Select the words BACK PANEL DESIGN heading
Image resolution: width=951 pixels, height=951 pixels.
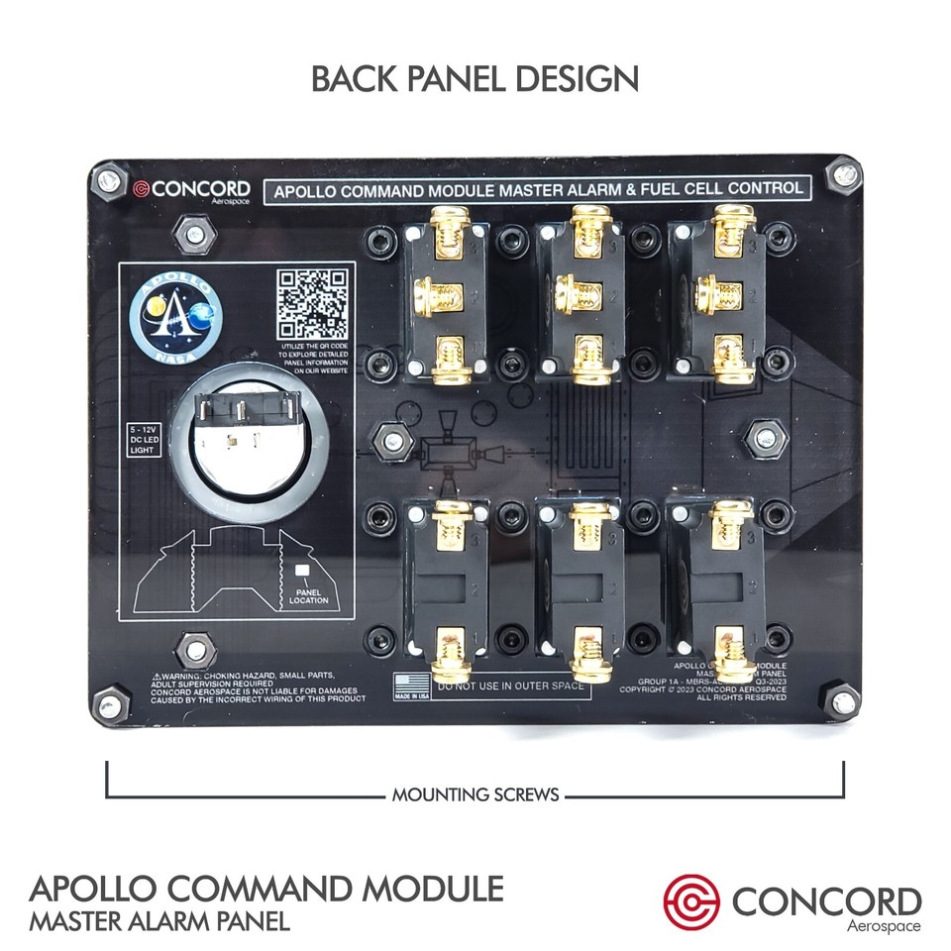pyautogui.click(x=475, y=78)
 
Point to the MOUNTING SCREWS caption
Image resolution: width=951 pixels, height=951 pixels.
pyautogui.click(x=475, y=793)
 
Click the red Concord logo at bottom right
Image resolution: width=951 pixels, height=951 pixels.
pyautogui.click(x=691, y=899)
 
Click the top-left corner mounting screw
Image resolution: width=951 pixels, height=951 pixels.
pyautogui.click(x=110, y=183)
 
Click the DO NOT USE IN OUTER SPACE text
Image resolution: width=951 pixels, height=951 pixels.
pyautogui.click(x=509, y=685)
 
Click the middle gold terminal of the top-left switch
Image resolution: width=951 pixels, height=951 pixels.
pyautogui.click(x=442, y=293)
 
